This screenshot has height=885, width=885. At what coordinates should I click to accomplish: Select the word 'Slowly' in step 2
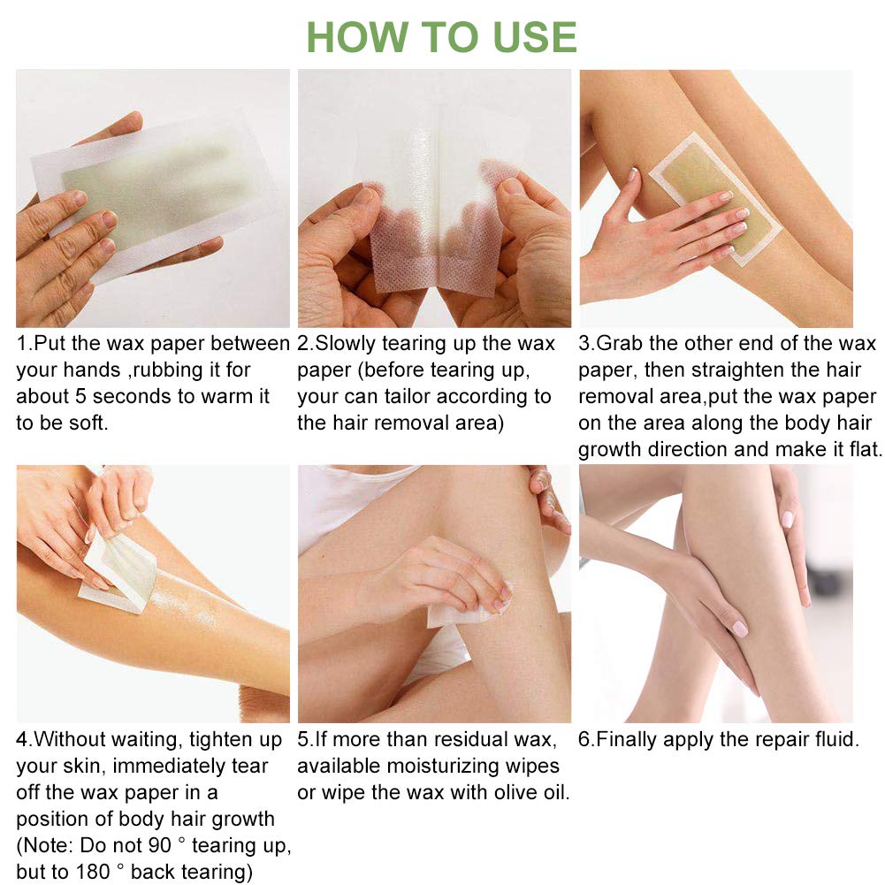(345, 344)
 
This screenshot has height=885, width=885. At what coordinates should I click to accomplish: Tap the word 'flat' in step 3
(863, 449)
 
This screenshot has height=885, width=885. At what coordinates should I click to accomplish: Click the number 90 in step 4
(159, 845)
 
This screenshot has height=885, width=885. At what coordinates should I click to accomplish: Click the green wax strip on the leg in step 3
(715, 200)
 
